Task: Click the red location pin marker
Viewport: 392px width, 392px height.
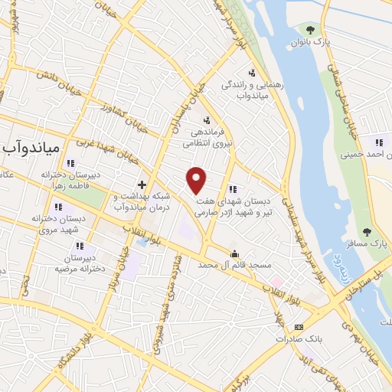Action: pos(197,179)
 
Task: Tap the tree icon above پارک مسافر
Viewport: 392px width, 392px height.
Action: pos(367,231)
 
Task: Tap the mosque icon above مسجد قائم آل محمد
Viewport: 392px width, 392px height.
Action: pos(234,253)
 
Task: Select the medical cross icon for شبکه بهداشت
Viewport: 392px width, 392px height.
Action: pos(142,184)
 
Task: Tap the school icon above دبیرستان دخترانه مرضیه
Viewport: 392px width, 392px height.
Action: pos(79,247)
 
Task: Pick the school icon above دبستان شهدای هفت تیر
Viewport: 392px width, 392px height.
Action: pos(232,189)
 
